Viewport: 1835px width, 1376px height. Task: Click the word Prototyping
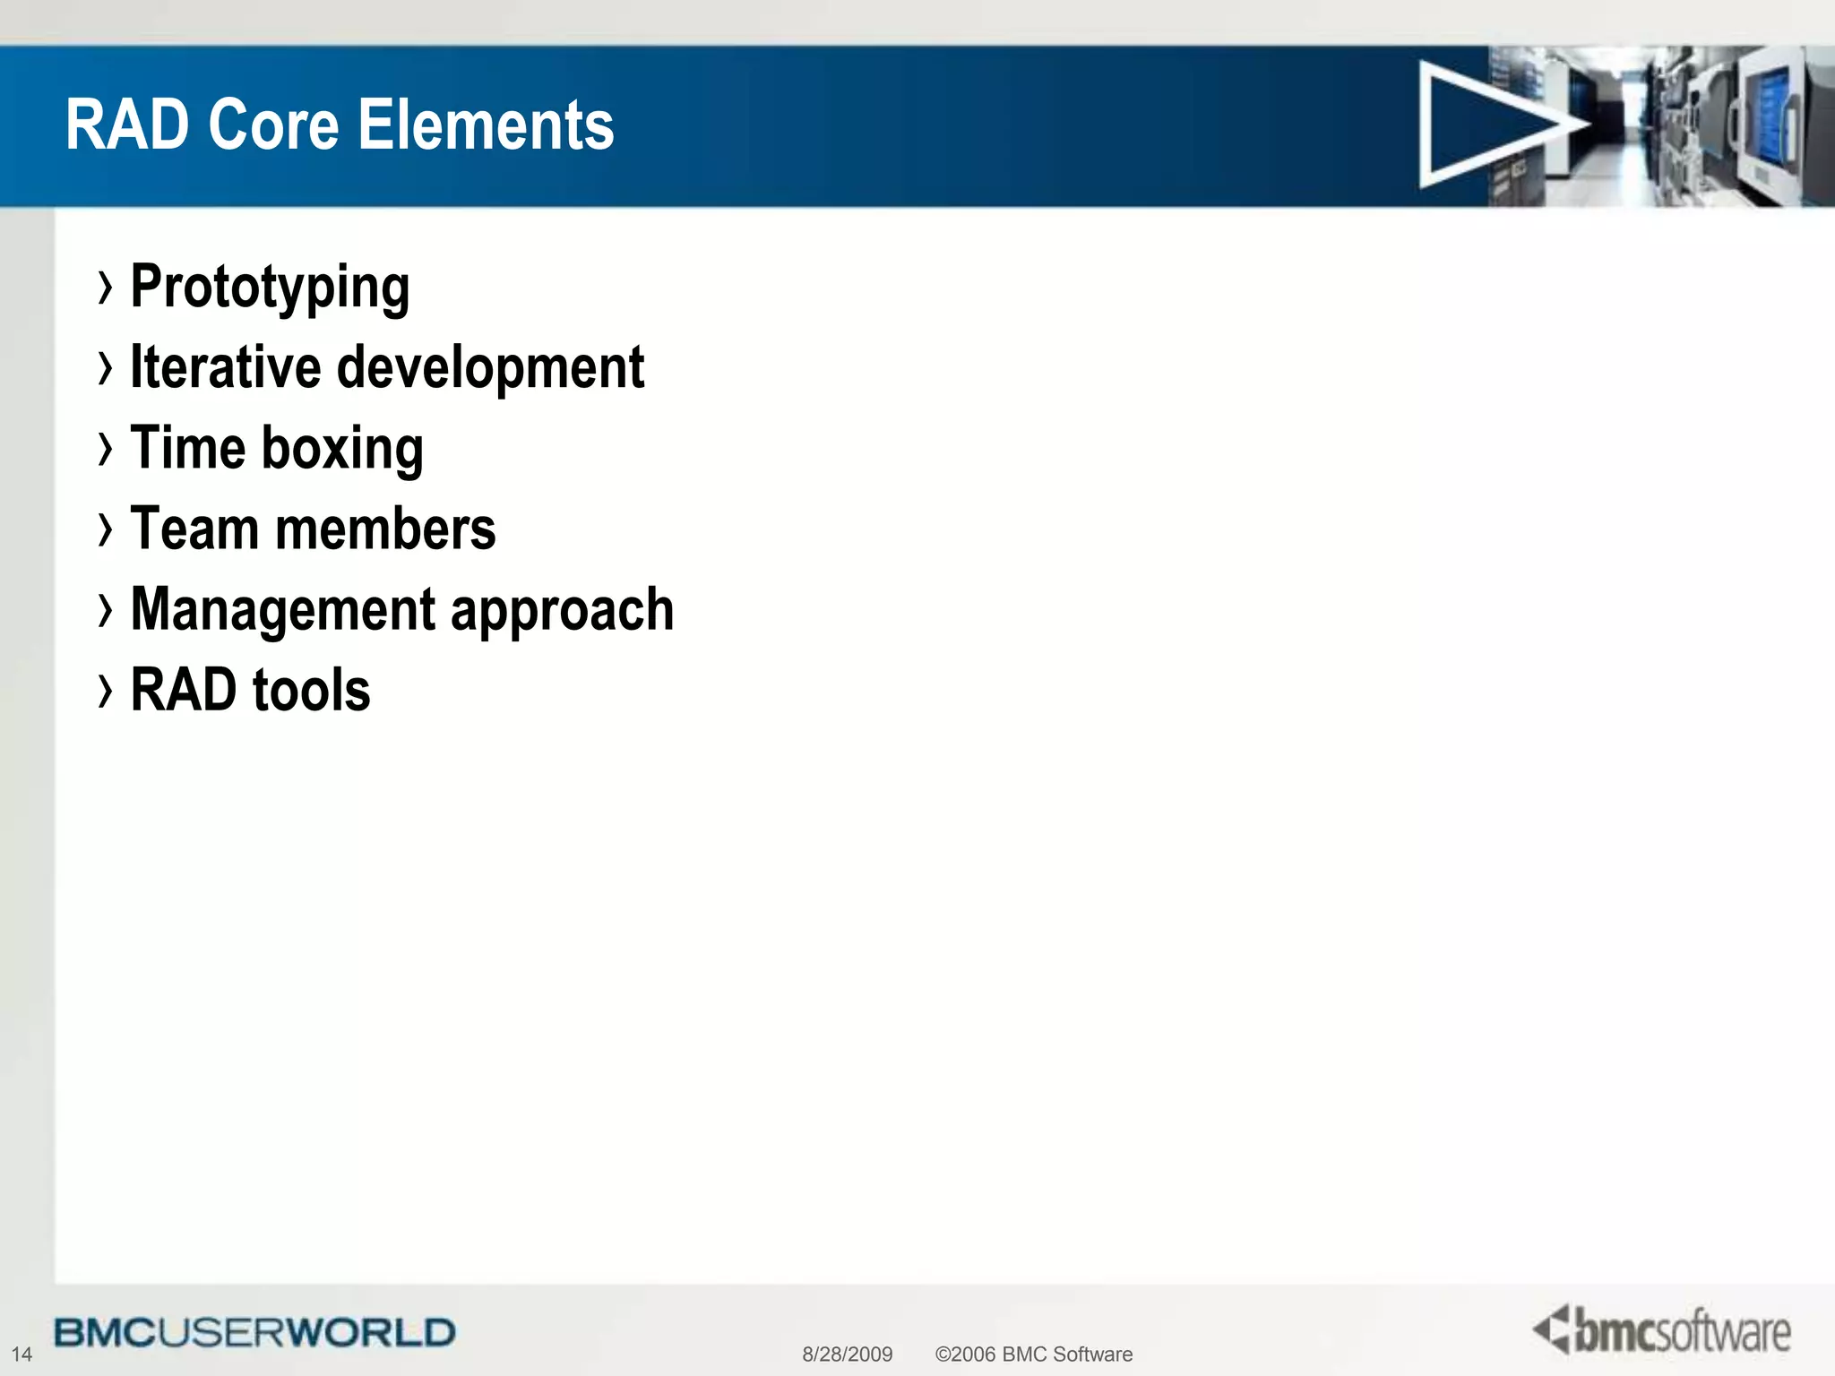270,288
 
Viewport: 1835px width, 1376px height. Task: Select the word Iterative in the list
225,367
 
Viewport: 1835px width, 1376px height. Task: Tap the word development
490,367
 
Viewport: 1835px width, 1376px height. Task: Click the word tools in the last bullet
311,690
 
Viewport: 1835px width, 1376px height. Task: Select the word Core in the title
274,125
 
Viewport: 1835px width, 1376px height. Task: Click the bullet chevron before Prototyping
106,288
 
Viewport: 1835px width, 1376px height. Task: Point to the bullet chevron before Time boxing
106,449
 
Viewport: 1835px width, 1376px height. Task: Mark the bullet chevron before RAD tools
106,691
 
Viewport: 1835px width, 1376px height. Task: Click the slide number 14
22,1354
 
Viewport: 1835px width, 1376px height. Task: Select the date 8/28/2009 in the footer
847,1354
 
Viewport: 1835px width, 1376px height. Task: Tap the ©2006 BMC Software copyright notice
1033,1354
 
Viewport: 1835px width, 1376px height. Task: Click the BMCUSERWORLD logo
254,1332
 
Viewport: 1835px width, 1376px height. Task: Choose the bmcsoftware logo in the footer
1662,1330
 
